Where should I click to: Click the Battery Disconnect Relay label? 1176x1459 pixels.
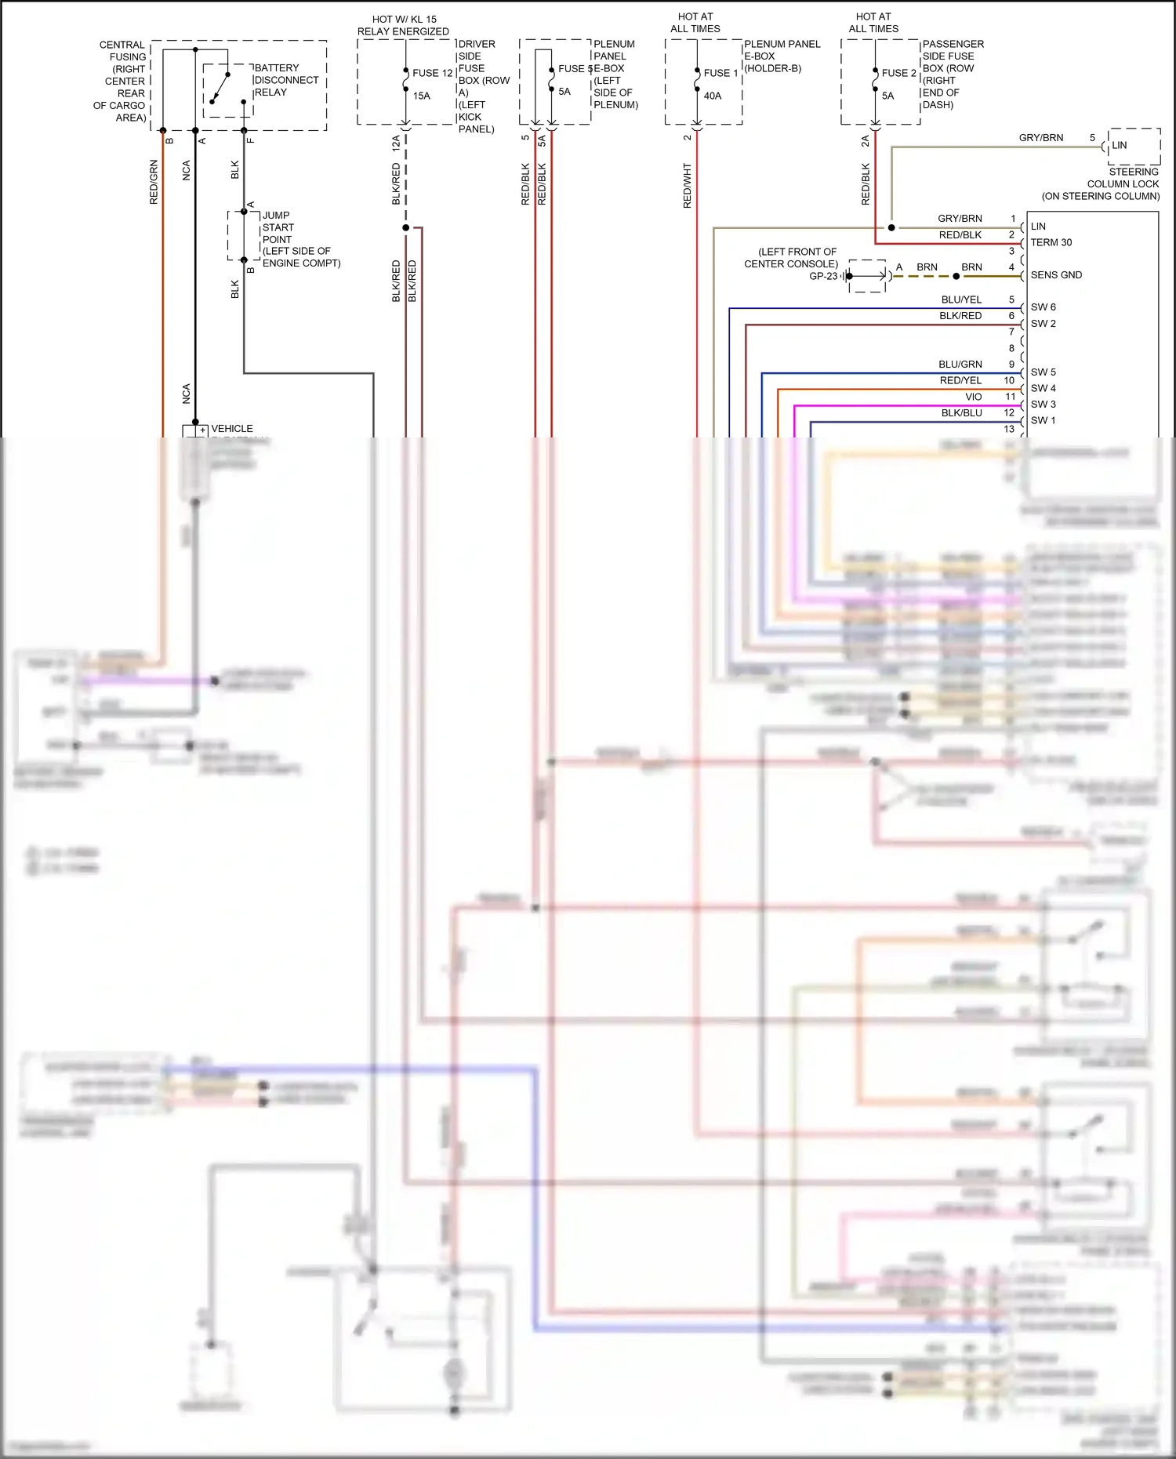286,80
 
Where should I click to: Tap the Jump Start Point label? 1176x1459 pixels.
300,239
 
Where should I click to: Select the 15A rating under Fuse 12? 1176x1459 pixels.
422,96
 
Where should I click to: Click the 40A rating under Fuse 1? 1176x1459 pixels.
713,96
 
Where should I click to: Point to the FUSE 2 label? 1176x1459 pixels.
898,73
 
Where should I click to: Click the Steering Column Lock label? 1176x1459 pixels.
1123,183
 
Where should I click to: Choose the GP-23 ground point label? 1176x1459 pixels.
823,276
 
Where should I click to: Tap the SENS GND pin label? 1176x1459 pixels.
1056,275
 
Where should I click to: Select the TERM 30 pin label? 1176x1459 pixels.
1051,242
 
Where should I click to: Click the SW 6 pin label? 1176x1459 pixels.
1043,307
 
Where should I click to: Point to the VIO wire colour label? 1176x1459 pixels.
974,397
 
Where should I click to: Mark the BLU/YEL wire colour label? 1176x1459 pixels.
961,299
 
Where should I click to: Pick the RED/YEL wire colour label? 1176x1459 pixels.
960,380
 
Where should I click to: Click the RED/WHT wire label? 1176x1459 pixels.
688,186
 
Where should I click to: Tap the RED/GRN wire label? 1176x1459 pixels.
154,182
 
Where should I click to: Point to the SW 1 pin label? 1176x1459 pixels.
1043,420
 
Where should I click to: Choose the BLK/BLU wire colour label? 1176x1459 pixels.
961,413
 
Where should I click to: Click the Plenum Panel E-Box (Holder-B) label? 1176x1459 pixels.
782,56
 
